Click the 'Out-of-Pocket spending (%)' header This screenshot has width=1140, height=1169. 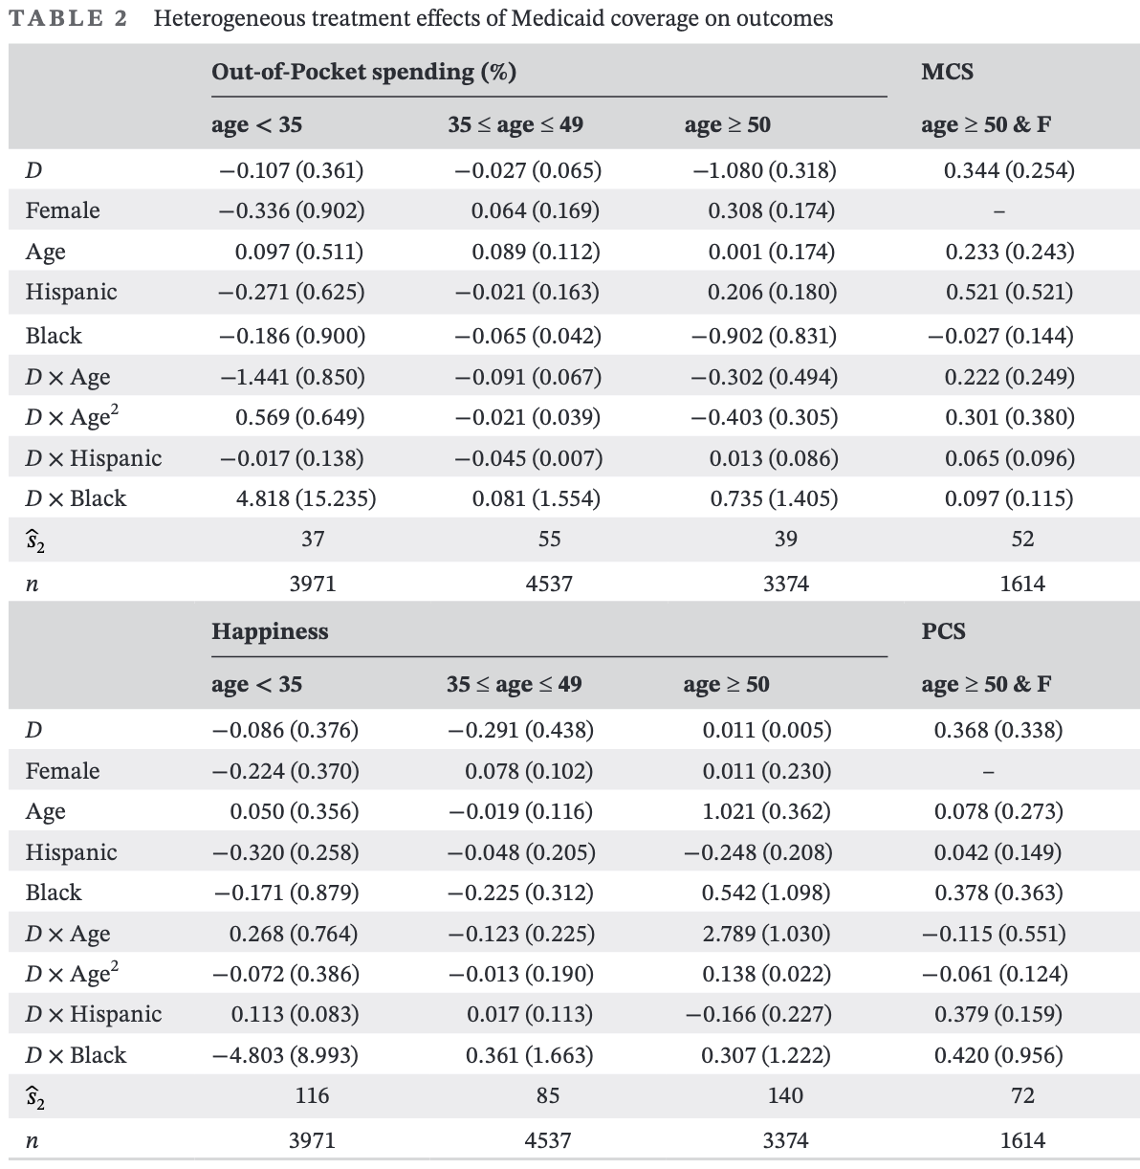363,72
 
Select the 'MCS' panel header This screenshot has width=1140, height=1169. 947,72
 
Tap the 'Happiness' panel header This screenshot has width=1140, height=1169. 270,631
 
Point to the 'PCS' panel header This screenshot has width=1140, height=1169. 943,631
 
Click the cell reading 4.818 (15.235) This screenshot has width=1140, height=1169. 305,498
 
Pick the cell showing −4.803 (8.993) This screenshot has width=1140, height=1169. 285,1055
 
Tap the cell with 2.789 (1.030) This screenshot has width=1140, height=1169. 766,934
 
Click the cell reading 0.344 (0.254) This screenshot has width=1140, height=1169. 1009,170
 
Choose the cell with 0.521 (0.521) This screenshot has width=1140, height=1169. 1009,292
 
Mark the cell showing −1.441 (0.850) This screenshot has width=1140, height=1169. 292,377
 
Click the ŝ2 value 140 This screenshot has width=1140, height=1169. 785,1096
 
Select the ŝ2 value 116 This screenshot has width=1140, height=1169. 312,1096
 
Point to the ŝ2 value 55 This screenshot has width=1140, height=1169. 549,540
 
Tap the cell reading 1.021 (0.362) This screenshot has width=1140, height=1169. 766,811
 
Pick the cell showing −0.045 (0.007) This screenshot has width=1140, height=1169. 529,458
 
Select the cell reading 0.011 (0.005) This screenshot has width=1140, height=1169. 766,730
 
